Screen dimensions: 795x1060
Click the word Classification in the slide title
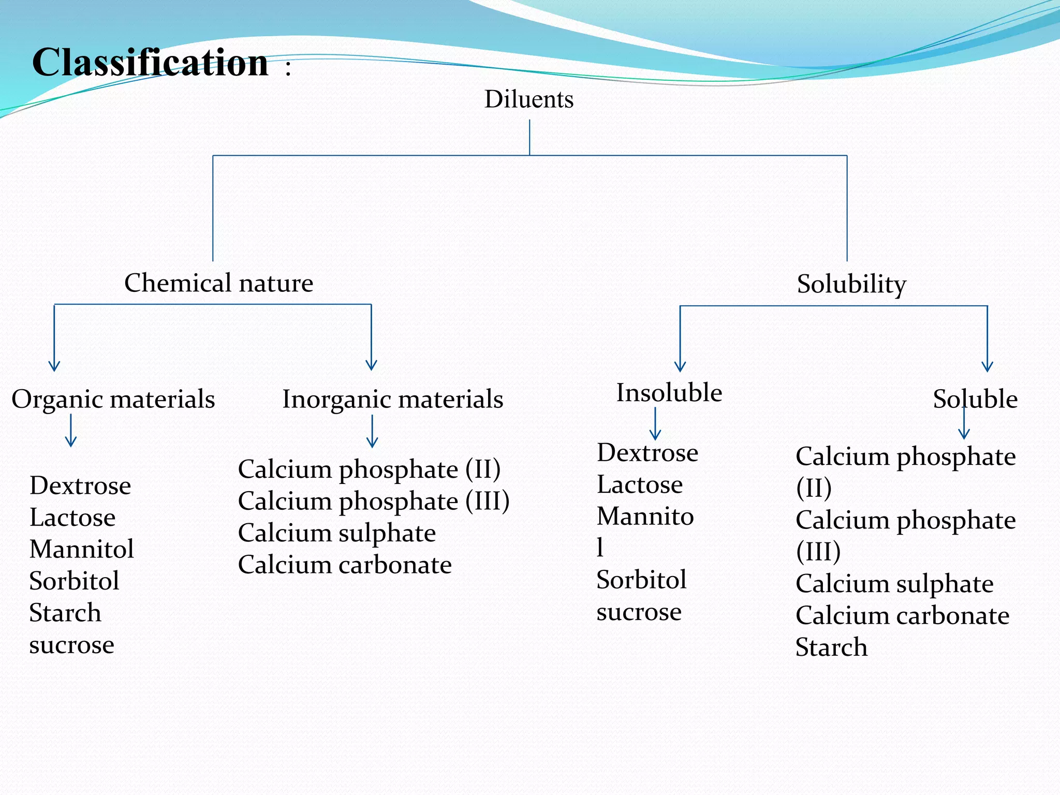pyautogui.click(x=150, y=62)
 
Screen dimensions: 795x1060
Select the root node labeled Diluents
pyautogui.click(x=529, y=99)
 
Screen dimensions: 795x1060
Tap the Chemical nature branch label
pyautogui.click(x=218, y=283)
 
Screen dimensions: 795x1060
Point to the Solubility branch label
pyautogui.click(x=851, y=284)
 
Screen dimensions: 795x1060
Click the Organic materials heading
pyautogui.click(x=113, y=399)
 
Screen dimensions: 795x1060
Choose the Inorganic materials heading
pyautogui.click(x=392, y=399)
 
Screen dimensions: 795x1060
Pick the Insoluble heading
pyautogui.click(x=669, y=392)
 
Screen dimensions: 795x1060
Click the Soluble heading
pyautogui.click(x=975, y=399)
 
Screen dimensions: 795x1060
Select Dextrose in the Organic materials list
pyautogui.click(x=80, y=485)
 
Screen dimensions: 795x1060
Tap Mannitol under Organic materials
pyautogui.click(x=82, y=549)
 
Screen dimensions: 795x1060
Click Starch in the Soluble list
pyautogui.click(x=831, y=647)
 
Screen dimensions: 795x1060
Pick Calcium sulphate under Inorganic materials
pyautogui.click(x=336, y=533)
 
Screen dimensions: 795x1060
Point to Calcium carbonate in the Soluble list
pyautogui.click(x=902, y=615)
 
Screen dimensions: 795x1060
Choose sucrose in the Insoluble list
pyautogui.click(x=639, y=612)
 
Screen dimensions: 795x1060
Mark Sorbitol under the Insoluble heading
pyautogui.click(x=641, y=580)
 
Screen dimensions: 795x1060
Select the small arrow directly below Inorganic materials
pyautogui.click(x=372, y=432)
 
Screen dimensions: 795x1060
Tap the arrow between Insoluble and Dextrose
pyautogui.click(x=655, y=424)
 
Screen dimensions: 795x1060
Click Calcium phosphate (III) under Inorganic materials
pyautogui.click(x=373, y=501)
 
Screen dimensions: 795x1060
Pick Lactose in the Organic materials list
pyautogui.click(x=72, y=518)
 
